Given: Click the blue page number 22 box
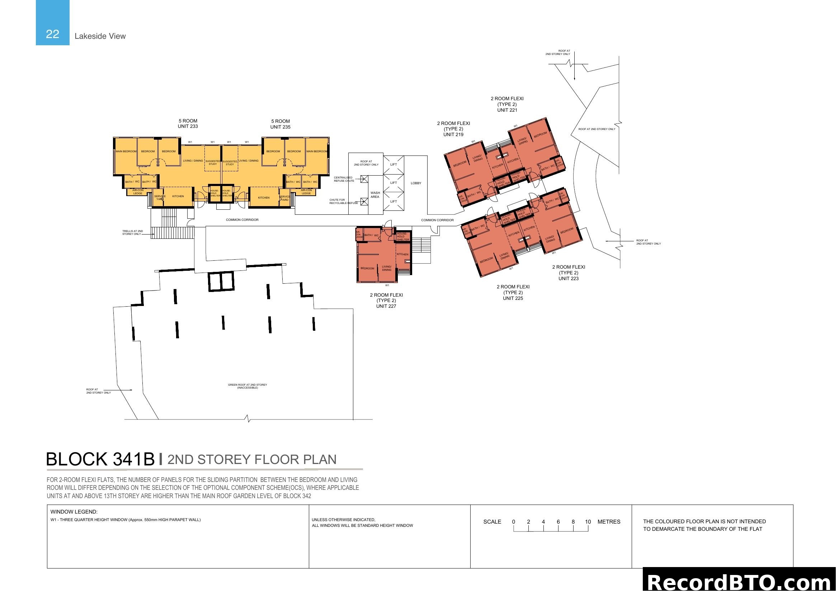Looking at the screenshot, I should [x=52, y=23].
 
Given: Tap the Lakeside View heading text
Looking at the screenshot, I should [x=100, y=36].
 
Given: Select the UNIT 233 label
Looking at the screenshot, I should [x=188, y=126].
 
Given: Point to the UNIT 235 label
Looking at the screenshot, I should [x=280, y=127].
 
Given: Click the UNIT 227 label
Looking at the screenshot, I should [x=386, y=306].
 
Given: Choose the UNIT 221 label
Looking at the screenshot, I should [x=507, y=110].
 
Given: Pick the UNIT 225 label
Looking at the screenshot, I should [x=513, y=298].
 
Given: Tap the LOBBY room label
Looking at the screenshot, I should [x=416, y=183].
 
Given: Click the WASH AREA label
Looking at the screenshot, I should [x=375, y=195].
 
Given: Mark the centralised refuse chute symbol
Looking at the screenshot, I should [x=364, y=179].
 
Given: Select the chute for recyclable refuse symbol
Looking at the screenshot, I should [x=364, y=201].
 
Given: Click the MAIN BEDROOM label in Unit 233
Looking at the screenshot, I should [x=126, y=152].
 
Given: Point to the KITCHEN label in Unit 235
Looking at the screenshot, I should [x=264, y=198].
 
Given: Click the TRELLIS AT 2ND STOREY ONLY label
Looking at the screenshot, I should [x=132, y=233].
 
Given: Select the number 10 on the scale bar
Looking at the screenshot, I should [x=588, y=522].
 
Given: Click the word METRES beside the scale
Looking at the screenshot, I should [x=609, y=522].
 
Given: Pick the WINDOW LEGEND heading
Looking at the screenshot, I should [x=74, y=512].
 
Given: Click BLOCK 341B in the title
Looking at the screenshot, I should [x=100, y=459].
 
